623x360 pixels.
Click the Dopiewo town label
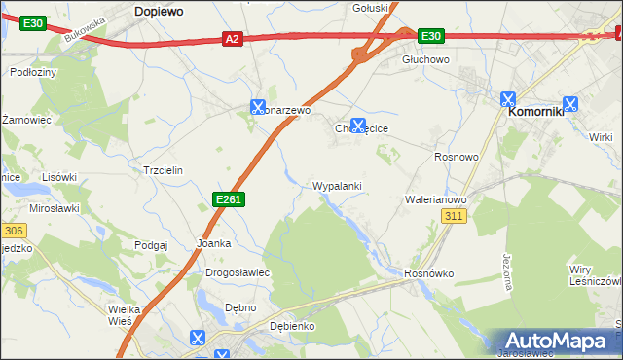click(160, 9)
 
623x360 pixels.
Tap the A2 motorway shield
click(232, 39)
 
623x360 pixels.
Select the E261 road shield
click(228, 199)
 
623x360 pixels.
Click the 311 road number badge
click(452, 217)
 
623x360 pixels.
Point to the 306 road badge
click(12, 231)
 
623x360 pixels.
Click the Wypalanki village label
click(338, 185)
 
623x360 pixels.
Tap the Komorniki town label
click(536, 112)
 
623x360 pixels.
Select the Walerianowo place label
click(436, 199)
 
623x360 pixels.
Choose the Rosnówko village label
click(429, 273)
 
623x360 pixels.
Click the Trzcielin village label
click(163, 169)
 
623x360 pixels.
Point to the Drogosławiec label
click(237, 272)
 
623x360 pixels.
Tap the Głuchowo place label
click(425, 59)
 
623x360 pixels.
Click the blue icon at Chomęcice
click(358, 126)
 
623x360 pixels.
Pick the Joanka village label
click(213, 243)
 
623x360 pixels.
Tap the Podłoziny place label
click(32, 72)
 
